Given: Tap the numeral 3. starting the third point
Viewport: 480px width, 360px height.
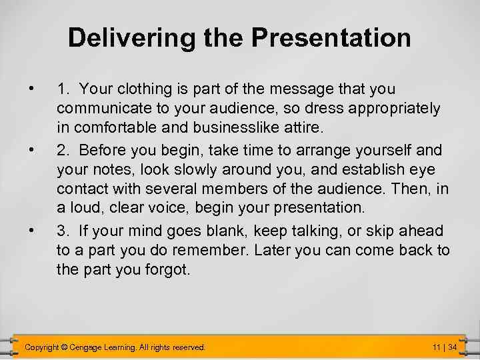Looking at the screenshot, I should click(x=63, y=231).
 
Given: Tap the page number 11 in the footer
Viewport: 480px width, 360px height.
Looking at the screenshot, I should click(x=436, y=347).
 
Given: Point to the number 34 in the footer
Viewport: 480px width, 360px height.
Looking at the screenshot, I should click(x=452, y=347).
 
